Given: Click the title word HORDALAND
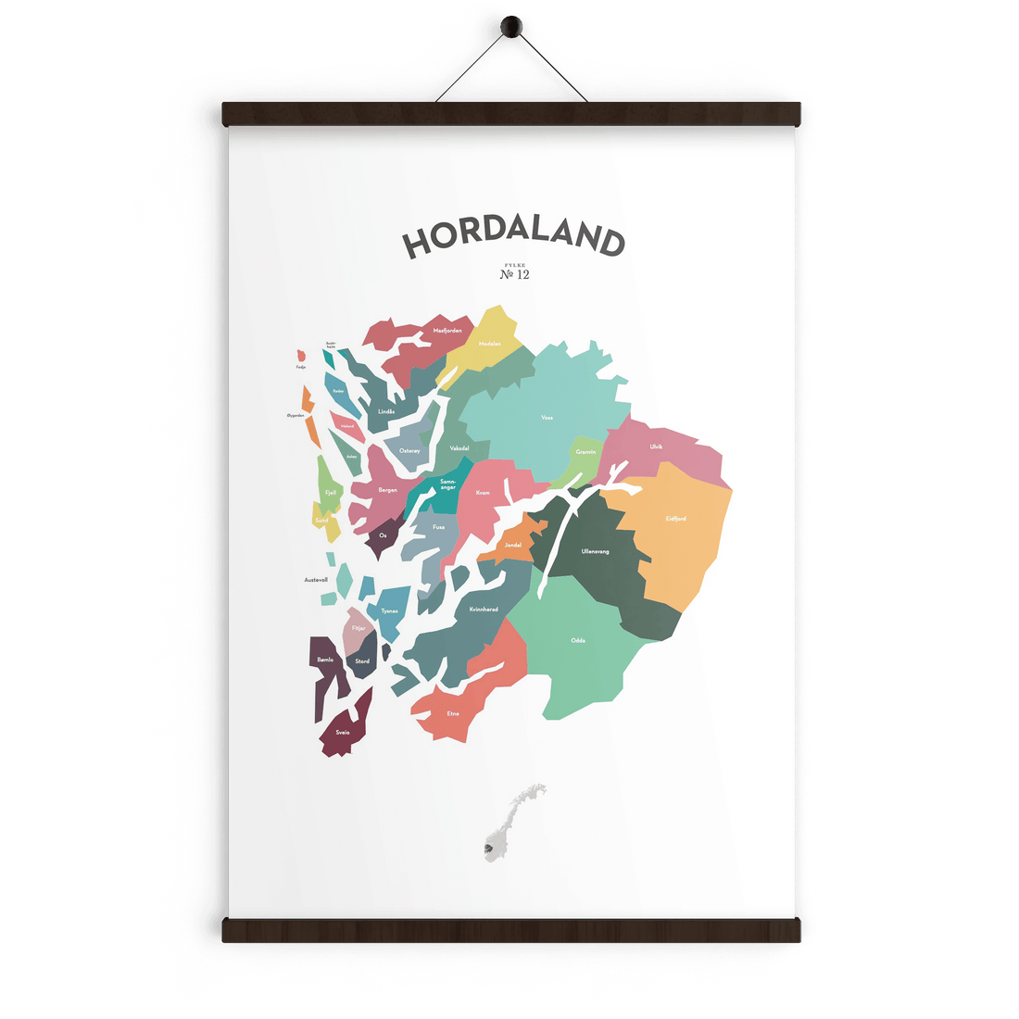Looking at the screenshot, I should (x=512, y=238).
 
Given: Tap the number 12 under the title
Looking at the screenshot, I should (x=522, y=274).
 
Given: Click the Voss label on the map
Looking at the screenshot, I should (x=547, y=418).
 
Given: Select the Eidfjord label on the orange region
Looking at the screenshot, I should (x=676, y=519).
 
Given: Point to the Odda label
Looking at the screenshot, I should (x=578, y=640).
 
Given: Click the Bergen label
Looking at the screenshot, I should (x=388, y=490).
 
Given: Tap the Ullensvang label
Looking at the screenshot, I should (x=595, y=551).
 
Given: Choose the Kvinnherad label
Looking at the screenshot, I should (x=484, y=609).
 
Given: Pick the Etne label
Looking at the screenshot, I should (x=453, y=713).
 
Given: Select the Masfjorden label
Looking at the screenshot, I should (x=447, y=330).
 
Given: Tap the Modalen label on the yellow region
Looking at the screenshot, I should (x=490, y=344).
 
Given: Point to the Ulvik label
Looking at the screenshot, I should (x=656, y=447).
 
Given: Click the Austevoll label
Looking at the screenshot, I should (x=316, y=580).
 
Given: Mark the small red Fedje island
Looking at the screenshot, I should (x=301, y=357).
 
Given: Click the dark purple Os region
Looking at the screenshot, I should (x=384, y=536).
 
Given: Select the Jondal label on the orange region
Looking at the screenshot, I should (x=513, y=545).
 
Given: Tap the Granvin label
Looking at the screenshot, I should (x=585, y=452).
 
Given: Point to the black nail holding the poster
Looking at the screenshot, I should (x=510, y=28).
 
